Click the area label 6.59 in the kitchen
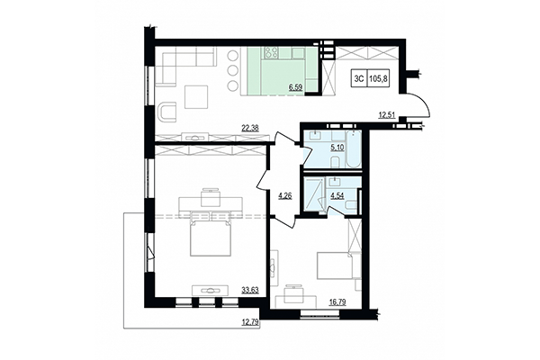click(294, 87)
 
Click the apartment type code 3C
click(358, 78)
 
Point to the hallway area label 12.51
click(387, 113)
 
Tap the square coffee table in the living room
click(197, 93)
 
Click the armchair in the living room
click(167, 111)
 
